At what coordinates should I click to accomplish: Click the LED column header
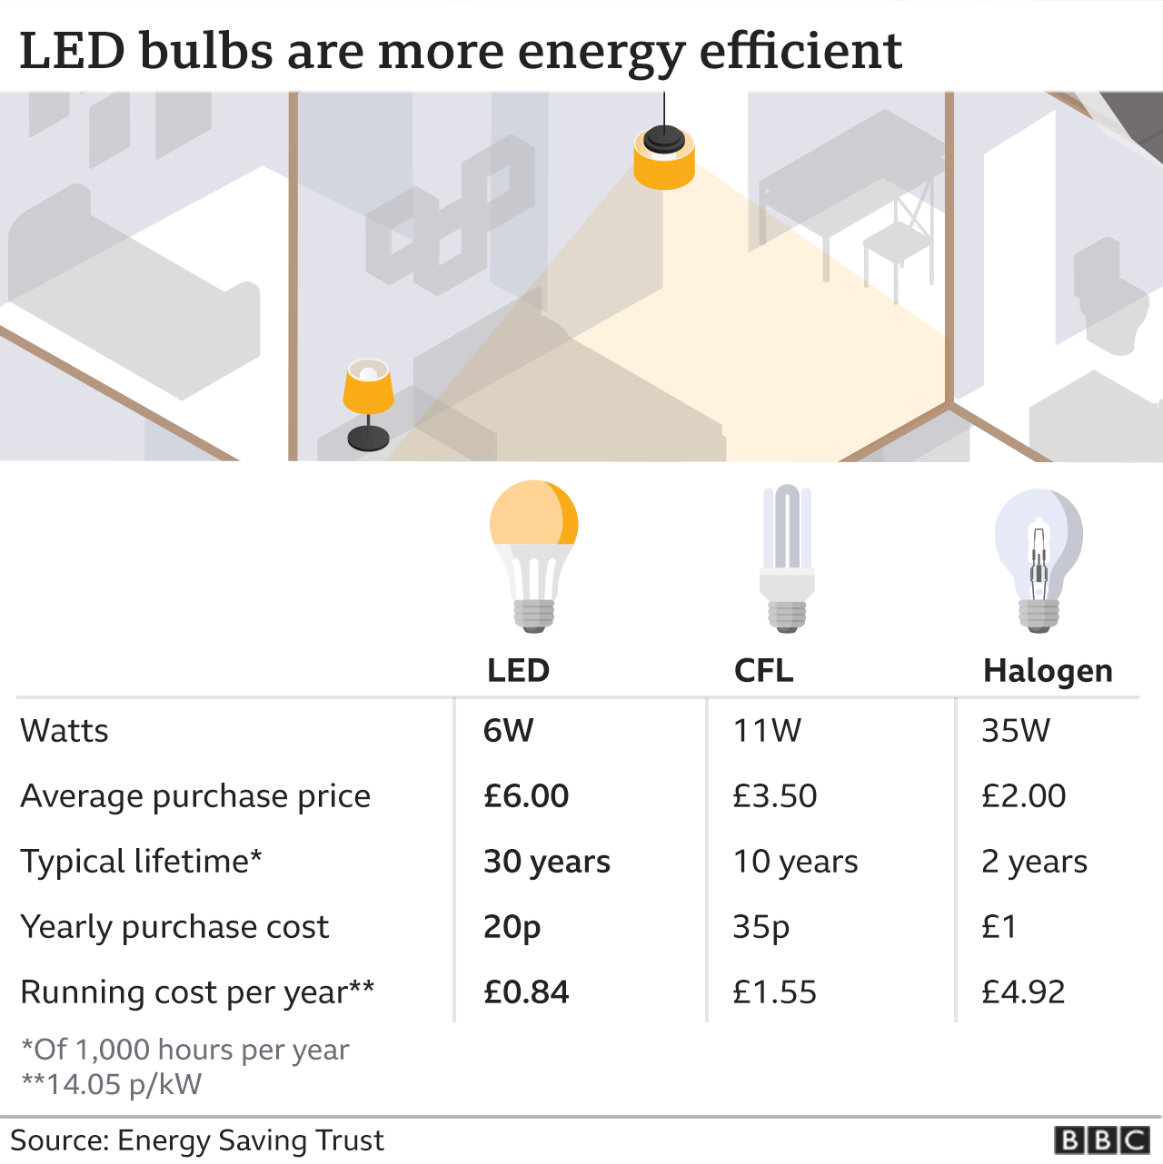point(518,670)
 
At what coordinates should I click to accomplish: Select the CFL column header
point(763,670)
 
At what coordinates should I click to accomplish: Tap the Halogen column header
point(1048,671)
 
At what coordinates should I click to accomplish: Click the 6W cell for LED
point(508,730)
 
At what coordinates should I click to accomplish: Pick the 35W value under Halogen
point(1016,730)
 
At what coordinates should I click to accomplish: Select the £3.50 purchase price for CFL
point(775,795)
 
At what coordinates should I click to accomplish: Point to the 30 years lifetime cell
point(546,861)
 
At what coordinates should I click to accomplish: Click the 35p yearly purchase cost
point(760,927)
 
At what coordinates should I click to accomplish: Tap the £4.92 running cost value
point(1023,991)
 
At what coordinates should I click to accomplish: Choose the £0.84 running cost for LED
point(526,991)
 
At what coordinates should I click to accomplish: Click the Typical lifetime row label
point(141,861)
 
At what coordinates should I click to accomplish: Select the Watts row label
point(65,730)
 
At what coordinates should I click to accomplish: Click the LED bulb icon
point(534,555)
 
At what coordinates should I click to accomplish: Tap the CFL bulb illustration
point(787,557)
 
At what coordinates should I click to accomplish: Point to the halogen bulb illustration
point(1039,559)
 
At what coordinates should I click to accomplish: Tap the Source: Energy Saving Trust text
point(197,1139)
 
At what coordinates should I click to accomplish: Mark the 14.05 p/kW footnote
point(111,1084)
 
